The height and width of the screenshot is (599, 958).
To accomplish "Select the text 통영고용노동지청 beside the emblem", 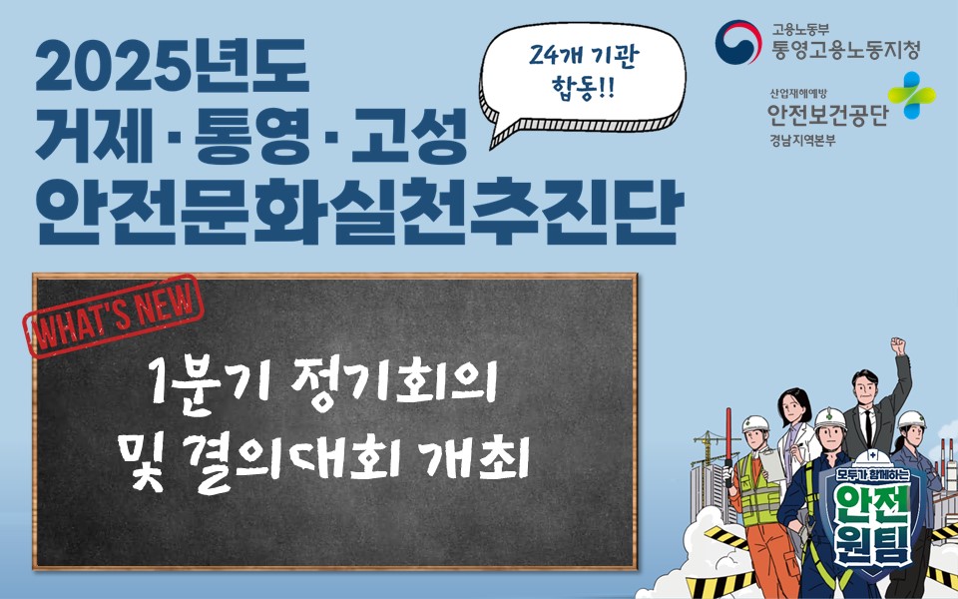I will tap(845, 47).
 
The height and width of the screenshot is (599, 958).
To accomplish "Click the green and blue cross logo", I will tap(914, 96).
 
